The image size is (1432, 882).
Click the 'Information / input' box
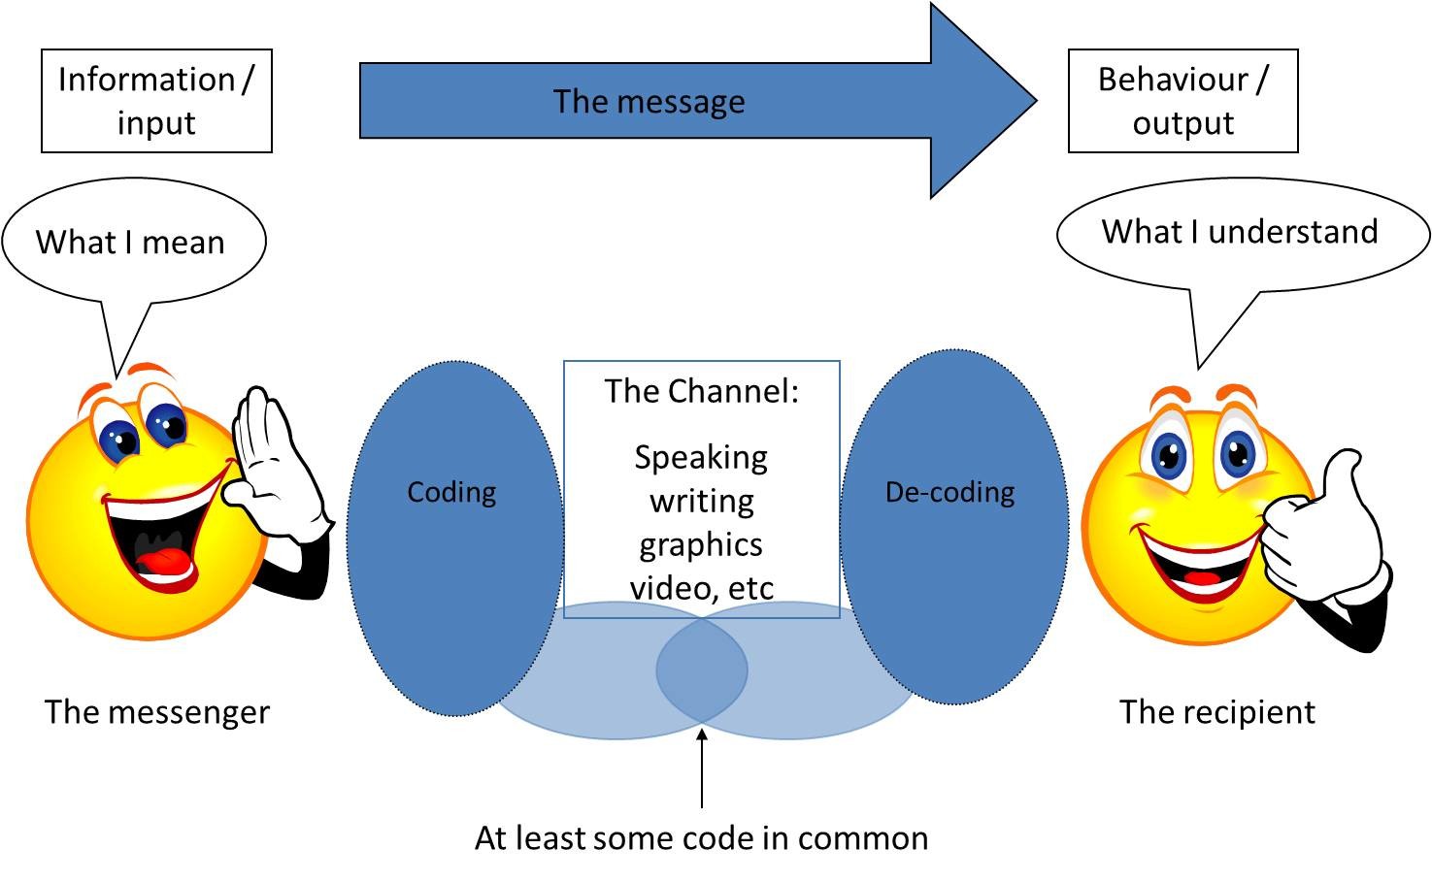[x=156, y=101]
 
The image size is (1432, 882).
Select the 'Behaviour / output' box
[x=1182, y=101]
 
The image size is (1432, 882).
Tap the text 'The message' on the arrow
[x=649, y=101]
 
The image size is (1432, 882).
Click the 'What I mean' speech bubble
[x=131, y=242]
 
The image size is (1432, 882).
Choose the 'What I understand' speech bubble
[x=1240, y=232]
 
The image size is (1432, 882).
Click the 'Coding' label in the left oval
[x=451, y=492]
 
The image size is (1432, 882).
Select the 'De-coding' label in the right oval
[x=949, y=492]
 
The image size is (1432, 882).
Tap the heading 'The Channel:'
[x=701, y=391]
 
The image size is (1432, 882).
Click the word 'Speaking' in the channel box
[x=701, y=457]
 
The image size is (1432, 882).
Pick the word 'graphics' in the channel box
[x=701, y=544]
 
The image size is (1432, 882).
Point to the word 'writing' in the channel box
[x=701, y=501]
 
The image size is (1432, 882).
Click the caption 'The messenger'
[x=157, y=711]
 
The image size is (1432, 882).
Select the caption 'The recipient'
[x=1216, y=711]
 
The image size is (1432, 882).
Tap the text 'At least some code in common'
[x=701, y=837]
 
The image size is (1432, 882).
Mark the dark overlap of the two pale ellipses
[x=701, y=670]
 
